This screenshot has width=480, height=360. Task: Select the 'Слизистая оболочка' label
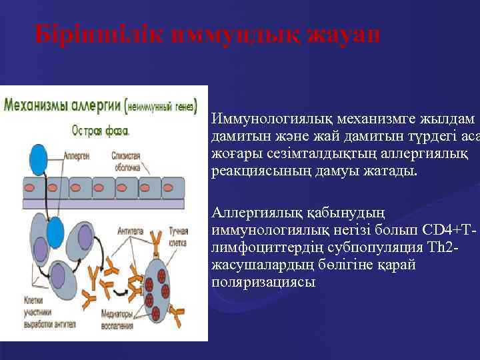tap(125, 160)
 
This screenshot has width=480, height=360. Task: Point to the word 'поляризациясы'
tap(254, 281)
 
